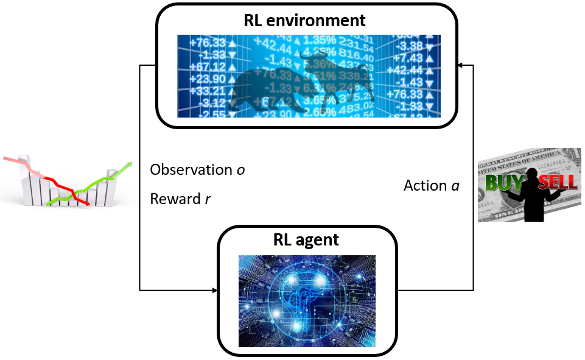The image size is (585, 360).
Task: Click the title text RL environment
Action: click(x=304, y=20)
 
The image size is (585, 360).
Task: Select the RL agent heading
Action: click(x=306, y=239)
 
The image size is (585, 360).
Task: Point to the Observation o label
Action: click(x=197, y=170)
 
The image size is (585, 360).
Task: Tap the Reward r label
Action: click(x=180, y=199)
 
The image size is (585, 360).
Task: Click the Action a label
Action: click(x=431, y=185)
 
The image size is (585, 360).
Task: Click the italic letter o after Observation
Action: click(x=241, y=171)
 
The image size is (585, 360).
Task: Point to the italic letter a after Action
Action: click(x=455, y=186)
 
